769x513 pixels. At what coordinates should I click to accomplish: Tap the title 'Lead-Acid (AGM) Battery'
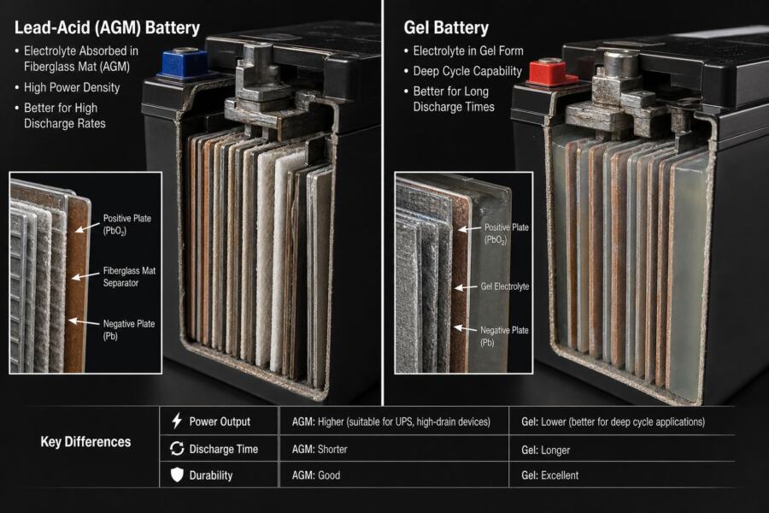(x=107, y=27)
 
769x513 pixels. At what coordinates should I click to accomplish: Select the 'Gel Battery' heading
(x=446, y=27)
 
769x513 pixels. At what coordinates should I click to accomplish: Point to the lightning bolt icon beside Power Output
(x=177, y=421)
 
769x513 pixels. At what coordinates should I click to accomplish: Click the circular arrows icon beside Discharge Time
(x=177, y=448)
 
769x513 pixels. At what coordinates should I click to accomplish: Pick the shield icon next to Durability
(x=177, y=475)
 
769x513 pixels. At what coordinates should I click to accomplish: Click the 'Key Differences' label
(x=85, y=442)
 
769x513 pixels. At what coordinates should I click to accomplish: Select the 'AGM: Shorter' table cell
(x=320, y=449)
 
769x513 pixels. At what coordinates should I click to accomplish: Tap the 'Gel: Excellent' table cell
(x=549, y=475)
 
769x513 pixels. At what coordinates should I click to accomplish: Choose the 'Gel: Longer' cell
(x=545, y=451)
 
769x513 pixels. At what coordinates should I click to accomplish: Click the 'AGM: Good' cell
(x=316, y=475)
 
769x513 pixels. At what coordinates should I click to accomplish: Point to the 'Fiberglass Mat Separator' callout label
(x=129, y=277)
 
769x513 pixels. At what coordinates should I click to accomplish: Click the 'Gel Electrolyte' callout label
(x=505, y=286)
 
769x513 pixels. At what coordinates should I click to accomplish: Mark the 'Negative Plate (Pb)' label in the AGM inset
(x=128, y=330)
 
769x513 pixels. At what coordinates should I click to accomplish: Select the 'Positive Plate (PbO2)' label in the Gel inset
(x=506, y=233)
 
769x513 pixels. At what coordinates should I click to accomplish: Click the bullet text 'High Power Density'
(x=72, y=87)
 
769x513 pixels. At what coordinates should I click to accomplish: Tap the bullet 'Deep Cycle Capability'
(x=467, y=71)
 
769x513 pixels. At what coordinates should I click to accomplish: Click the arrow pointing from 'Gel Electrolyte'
(x=466, y=287)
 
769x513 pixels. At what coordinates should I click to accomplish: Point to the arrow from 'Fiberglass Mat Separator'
(x=85, y=276)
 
